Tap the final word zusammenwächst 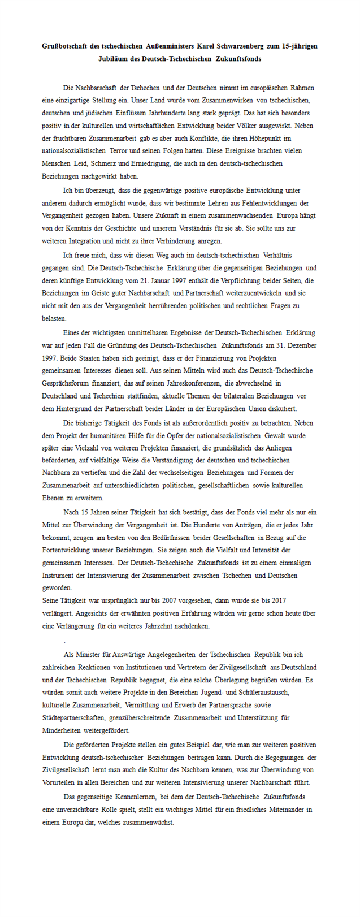click(x=149, y=823)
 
